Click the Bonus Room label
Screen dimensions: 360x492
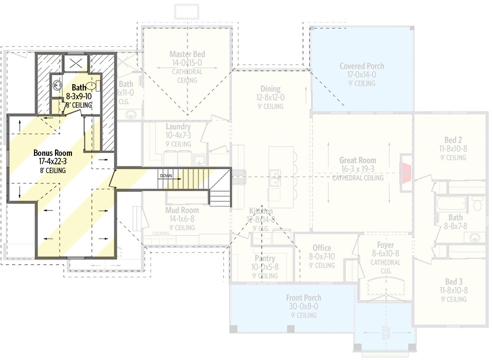point(50,152)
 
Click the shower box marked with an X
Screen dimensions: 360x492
point(75,63)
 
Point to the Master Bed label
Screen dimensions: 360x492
point(187,54)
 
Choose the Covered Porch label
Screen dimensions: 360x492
point(362,66)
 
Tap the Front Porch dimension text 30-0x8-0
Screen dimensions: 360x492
point(304,306)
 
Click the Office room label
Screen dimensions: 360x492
point(322,248)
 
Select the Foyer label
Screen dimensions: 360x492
point(385,245)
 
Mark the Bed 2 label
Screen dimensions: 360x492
point(452,140)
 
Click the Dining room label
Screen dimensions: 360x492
point(271,89)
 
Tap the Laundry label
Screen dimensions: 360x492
point(178,126)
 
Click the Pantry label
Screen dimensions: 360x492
point(265,258)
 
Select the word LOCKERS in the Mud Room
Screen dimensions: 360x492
point(160,233)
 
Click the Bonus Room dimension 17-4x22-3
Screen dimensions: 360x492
point(50,161)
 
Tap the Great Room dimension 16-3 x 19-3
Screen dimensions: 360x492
point(357,169)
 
